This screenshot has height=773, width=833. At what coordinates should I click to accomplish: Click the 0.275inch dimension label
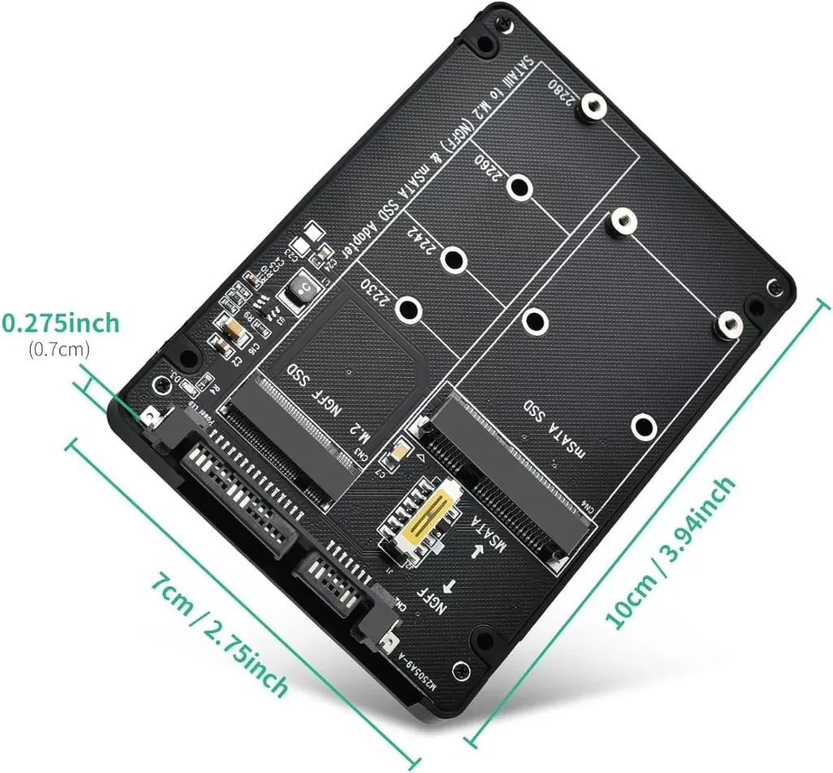[x=59, y=323]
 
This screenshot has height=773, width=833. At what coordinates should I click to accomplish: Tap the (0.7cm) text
[x=59, y=350]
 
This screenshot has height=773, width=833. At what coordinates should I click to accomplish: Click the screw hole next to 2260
[x=517, y=188]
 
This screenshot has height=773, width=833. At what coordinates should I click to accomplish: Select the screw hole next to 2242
[x=453, y=260]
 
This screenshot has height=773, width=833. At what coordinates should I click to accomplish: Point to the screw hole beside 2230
[x=411, y=310]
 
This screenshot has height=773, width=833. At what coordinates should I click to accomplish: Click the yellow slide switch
[x=422, y=521]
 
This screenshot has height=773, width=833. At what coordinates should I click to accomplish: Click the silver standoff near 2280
[x=593, y=106]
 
